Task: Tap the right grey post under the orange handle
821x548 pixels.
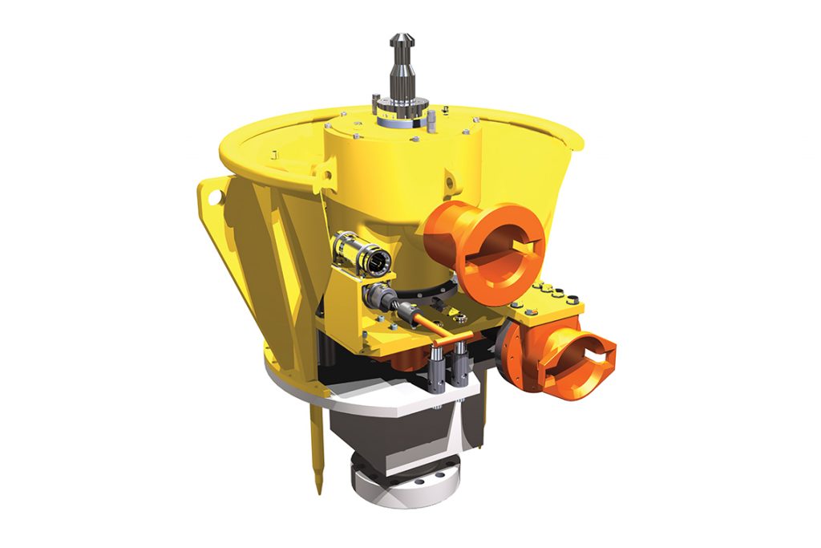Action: pos(462,370)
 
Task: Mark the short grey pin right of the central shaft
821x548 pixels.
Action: pos(432,119)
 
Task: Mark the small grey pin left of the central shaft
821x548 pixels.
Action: pos(376,103)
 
